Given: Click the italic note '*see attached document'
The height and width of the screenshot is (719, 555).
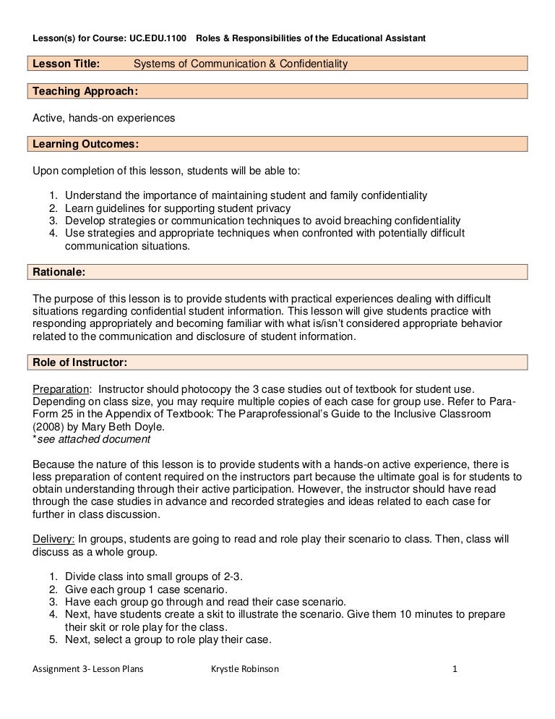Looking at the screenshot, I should tap(92, 438).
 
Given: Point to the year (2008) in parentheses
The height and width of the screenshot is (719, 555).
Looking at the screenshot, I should tap(48, 426).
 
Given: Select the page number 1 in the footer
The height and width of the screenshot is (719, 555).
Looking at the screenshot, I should tap(455, 669).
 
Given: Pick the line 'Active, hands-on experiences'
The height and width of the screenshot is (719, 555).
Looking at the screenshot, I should tap(105, 117).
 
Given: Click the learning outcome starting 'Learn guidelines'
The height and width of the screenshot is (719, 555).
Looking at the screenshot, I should tap(173, 208).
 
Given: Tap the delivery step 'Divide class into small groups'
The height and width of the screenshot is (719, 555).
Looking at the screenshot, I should tap(154, 577).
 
